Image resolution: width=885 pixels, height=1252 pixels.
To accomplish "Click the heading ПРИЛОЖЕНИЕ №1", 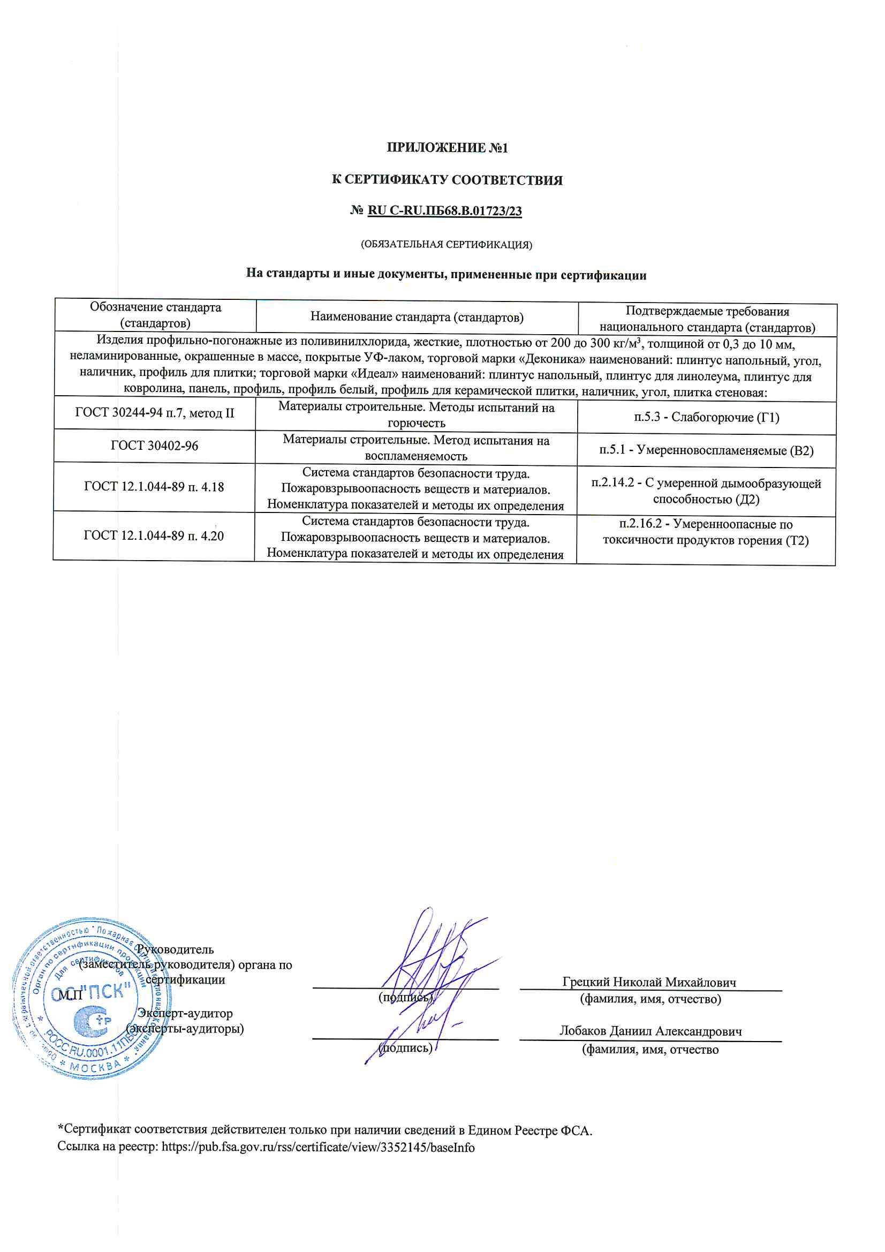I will point(447,148).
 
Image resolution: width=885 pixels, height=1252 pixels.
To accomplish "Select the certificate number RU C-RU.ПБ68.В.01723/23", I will point(444,210).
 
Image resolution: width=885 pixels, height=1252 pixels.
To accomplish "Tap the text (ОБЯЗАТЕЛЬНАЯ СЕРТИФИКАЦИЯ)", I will point(446,244).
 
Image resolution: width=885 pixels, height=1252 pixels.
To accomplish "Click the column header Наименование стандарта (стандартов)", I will point(417,317).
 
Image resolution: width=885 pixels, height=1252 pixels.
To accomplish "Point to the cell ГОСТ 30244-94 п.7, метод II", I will point(154,413).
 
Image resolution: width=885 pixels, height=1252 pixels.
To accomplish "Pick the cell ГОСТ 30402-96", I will point(154,446).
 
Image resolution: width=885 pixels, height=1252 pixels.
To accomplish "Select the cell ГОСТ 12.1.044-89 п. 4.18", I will point(154,487).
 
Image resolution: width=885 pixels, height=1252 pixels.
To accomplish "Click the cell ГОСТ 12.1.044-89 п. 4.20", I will point(154,536).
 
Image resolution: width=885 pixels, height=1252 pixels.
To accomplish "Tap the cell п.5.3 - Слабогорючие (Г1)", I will point(706,417).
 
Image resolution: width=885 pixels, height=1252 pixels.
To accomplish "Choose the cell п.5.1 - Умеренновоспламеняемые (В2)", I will point(706,450).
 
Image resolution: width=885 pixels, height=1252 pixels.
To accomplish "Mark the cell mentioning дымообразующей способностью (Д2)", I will point(706,491).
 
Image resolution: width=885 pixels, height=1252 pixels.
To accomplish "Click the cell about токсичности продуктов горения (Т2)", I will point(706,532).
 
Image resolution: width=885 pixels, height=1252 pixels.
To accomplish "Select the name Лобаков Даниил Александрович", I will point(650,1031).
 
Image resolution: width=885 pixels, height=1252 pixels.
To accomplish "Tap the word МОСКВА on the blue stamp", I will point(97,1066).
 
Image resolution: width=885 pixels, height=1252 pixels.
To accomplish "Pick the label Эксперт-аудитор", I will point(185,1013).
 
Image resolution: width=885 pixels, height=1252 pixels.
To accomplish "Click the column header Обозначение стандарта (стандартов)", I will point(155,315).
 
